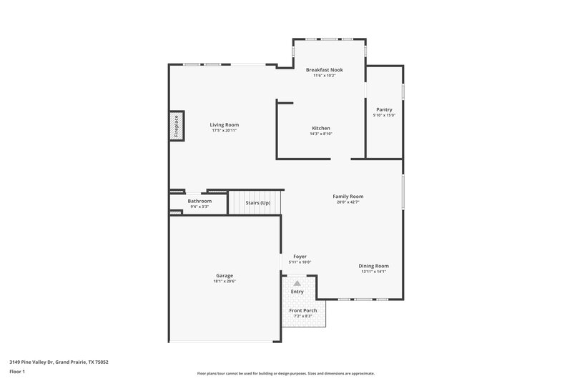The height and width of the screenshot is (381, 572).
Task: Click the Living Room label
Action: tap(224, 125)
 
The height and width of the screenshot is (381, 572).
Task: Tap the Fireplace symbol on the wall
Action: tap(177, 126)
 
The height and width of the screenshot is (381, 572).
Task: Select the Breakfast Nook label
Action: tap(324, 69)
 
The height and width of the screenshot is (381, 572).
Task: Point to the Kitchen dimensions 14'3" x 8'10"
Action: tap(320, 134)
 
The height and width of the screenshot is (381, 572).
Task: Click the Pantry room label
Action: tap(383, 109)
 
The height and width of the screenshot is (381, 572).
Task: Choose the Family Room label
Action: tap(348, 196)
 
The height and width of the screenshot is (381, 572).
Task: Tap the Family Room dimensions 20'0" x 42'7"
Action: tap(348, 202)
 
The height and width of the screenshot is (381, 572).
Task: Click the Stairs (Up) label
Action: tap(257, 203)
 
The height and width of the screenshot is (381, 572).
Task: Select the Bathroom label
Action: tap(199, 201)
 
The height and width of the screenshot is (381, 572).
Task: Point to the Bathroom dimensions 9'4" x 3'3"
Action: tap(199, 207)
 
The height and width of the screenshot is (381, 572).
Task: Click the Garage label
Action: tap(225, 275)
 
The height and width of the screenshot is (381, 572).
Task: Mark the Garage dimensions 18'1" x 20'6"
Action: tap(225, 282)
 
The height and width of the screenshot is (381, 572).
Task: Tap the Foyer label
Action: tap(300, 256)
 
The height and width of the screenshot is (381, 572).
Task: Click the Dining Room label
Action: tap(373, 266)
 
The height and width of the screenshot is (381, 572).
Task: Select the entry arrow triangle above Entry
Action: tap(297, 284)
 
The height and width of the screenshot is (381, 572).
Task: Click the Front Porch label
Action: tap(303, 310)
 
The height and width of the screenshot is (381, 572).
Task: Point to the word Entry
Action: tap(297, 292)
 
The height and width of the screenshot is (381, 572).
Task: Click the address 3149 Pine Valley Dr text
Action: tap(59, 362)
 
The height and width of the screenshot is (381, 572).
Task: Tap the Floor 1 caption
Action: tap(17, 372)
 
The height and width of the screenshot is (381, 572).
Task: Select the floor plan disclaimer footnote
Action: tap(285, 373)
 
